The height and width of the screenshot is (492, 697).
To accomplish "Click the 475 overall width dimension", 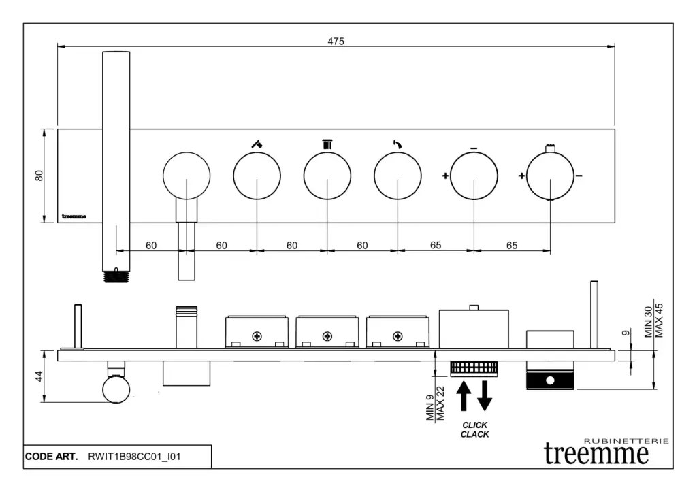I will (x=336, y=41).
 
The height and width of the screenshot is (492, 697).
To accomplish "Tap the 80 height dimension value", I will (x=39, y=175).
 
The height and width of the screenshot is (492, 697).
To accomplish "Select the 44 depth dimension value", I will (x=39, y=376).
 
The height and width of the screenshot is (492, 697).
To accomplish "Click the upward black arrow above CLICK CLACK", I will (x=464, y=396).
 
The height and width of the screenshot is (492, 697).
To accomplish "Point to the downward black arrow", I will (x=485, y=396).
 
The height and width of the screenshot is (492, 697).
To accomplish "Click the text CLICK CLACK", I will (x=474, y=429).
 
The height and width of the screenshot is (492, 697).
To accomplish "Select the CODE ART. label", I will (x=52, y=457).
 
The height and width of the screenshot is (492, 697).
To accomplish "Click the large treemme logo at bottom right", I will (x=597, y=454).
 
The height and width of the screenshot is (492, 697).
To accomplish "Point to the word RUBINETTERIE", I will (x=626, y=441).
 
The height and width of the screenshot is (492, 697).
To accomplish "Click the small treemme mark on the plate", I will (x=74, y=216).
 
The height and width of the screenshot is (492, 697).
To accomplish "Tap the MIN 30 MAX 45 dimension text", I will (x=653, y=320).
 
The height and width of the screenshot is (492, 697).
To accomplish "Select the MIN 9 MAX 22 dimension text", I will (x=435, y=403).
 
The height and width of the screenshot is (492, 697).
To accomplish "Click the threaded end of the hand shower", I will (x=115, y=277).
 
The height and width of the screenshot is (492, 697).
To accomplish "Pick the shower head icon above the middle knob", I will (x=327, y=144).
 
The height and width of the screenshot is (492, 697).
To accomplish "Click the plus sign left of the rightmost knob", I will (x=522, y=176).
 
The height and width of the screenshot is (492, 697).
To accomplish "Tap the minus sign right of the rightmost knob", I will (x=579, y=176).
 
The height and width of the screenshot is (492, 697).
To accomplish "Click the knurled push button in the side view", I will (x=474, y=368).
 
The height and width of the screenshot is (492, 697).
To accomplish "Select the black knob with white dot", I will (x=550, y=379).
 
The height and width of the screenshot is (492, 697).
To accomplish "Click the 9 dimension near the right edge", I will (x=626, y=334).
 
